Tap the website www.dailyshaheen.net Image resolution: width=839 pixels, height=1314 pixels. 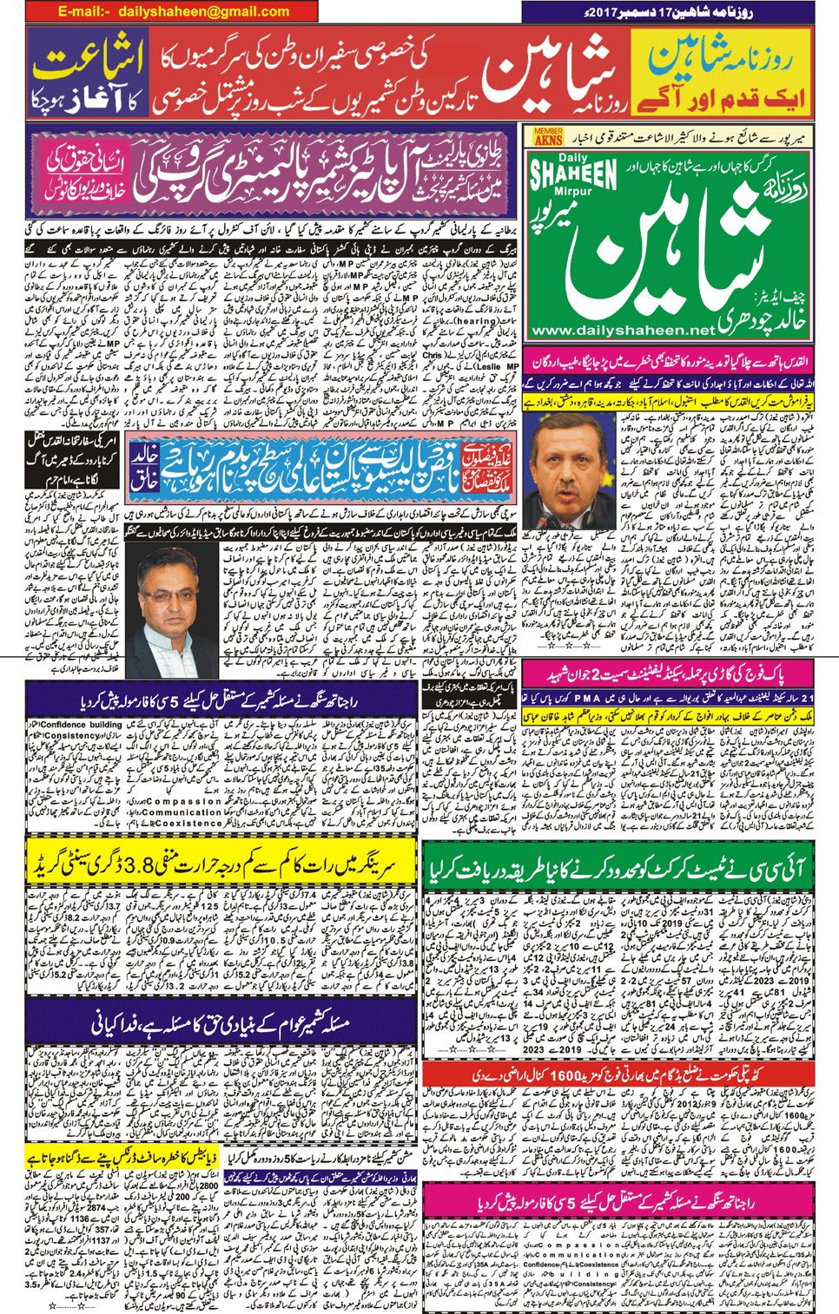pos(622,331)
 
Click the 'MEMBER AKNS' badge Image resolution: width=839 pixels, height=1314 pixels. pos(548,136)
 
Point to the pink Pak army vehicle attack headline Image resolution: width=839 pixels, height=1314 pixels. pos(677,674)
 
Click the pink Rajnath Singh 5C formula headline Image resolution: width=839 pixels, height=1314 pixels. pos(618,1202)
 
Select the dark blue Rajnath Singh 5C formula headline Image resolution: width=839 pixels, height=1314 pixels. pos(221,700)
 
